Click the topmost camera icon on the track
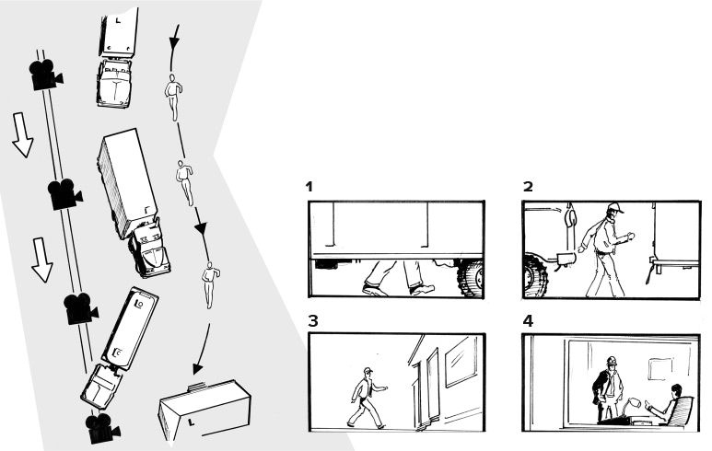pos(45,74)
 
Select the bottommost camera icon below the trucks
pos(102,428)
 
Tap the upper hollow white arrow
pos(22,134)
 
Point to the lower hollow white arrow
pos(42,260)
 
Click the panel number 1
pos(309,187)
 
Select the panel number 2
pos(528,187)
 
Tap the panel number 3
pos(313,321)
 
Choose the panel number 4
pos(528,321)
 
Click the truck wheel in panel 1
pos(471,278)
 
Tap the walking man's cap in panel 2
pos(615,208)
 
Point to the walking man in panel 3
pos(366,398)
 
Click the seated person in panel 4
pos(668,404)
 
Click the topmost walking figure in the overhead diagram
pos(172,97)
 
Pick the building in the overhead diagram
pos(204,410)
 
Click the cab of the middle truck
pos(150,249)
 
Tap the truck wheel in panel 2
pos(535,276)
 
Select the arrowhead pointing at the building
pos(197,368)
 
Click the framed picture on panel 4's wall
pos(659,369)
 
